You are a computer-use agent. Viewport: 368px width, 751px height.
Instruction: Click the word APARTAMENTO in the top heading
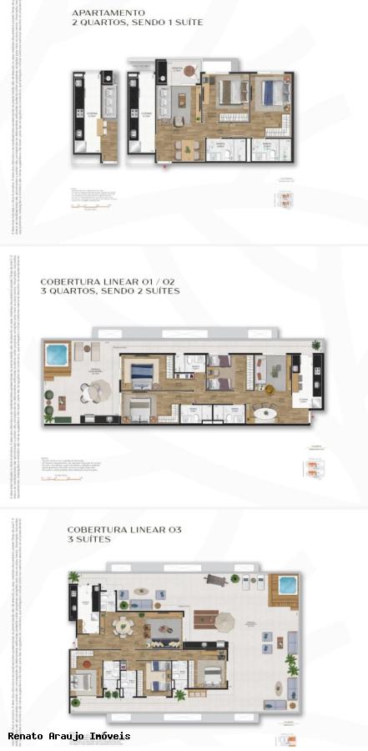click(108, 13)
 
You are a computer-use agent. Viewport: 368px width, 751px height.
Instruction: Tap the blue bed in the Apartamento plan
click(270, 93)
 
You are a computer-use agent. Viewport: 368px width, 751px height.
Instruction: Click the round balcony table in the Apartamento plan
click(189, 71)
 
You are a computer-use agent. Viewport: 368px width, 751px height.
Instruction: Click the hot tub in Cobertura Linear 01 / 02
click(57, 354)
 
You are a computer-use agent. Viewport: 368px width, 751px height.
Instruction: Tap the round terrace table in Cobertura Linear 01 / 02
click(98, 388)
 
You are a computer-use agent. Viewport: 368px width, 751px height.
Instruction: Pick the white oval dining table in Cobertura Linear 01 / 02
click(268, 412)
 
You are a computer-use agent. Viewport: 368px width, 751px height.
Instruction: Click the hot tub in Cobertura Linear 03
click(286, 584)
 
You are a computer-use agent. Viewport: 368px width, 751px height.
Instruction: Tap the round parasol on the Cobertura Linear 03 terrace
click(225, 621)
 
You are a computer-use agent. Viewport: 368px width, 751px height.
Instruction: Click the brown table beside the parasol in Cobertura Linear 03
click(204, 619)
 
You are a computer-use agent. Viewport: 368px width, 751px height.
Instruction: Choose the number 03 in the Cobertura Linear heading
click(174, 530)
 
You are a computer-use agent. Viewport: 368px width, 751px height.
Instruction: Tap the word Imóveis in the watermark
click(109, 736)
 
